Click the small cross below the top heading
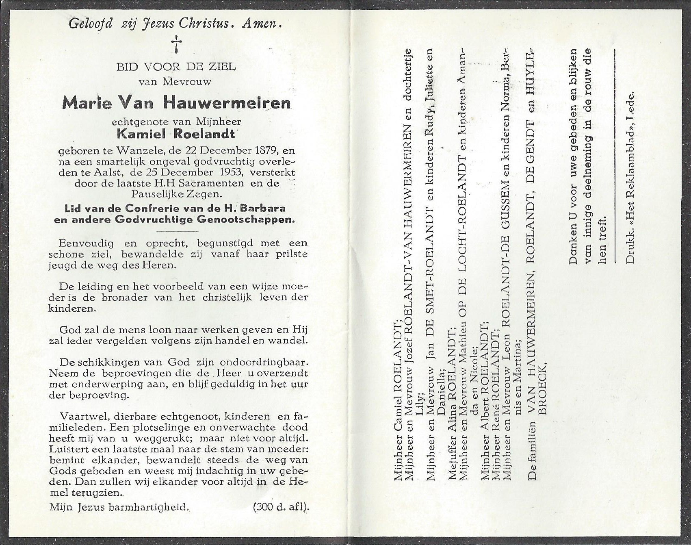tap(177, 44)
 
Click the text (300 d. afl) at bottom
tap(281, 507)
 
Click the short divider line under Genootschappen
tap(177, 231)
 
